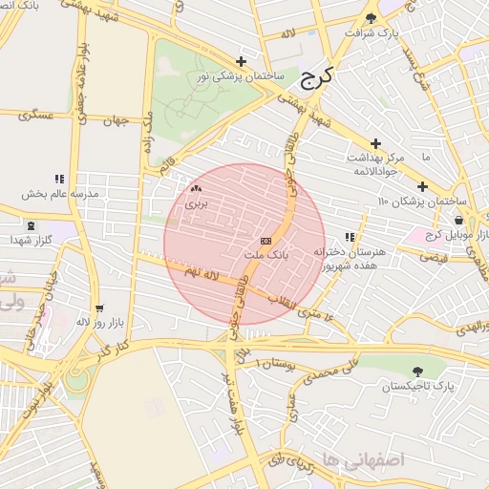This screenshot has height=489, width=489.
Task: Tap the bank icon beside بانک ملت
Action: coord(266,241)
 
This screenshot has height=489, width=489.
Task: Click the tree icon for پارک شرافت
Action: coord(372,18)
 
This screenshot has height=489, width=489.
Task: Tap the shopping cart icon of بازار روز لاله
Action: coord(99,308)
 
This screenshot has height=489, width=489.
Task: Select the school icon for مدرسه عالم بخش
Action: coord(60,179)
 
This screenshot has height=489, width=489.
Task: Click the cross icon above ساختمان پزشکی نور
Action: coord(241,61)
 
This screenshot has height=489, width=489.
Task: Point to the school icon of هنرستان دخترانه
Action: coord(351,237)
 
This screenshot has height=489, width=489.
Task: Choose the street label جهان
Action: coord(116,120)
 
